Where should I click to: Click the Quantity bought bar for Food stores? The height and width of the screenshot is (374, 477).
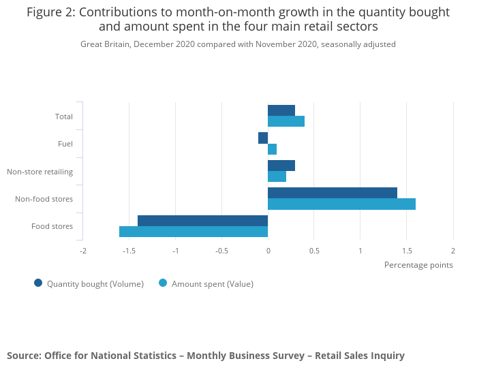[202, 221]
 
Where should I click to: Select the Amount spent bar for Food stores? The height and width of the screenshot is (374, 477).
[194, 232]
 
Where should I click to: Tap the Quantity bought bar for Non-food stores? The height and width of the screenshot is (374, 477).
[333, 193]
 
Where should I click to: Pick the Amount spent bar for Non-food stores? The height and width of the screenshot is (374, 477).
[341, 204]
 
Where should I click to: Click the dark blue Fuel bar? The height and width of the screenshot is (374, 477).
[263, 138]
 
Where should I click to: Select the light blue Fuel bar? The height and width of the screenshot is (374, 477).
[272, 149]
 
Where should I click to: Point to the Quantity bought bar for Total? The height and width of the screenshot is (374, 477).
[281, 110]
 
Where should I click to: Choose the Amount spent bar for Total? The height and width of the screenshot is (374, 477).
[286, 121]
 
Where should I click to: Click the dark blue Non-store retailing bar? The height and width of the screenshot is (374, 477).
[281, 166]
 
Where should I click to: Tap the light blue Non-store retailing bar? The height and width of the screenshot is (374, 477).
[277, 176]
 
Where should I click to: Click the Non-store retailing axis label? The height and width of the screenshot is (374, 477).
[40, 172]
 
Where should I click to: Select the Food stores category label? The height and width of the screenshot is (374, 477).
[52, 226]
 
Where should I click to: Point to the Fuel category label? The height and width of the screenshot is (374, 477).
[65, 144]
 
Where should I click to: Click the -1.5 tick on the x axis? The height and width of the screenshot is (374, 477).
[129, 251]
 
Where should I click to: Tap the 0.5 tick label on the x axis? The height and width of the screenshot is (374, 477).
[314, 251]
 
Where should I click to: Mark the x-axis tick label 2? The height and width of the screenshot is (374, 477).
[452, 251]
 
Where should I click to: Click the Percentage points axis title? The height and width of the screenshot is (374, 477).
[418, 265]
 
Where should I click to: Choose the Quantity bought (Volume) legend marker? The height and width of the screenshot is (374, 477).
[38, 283]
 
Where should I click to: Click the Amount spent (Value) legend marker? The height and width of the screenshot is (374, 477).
[163, 283]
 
